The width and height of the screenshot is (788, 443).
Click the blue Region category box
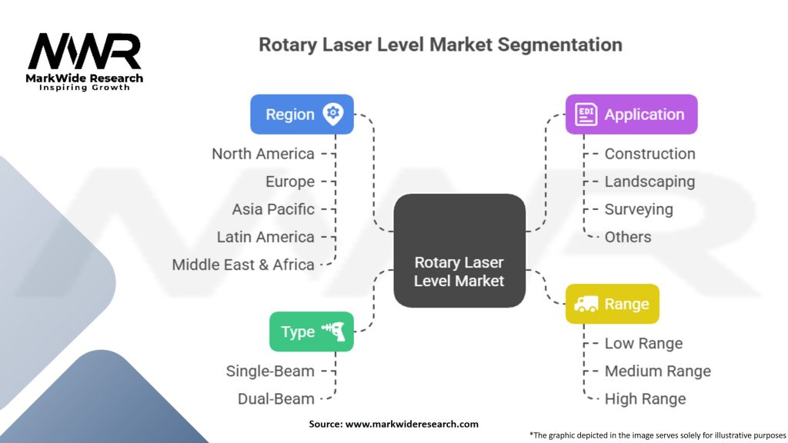pyautogui.click(x=302, y=114)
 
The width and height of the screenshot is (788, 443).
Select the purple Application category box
pyautogui.click(x=631, y=114)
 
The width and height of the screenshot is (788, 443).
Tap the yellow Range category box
pyautogui.click(x=612, y=304)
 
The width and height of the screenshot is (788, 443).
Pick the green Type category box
pyautogui.click(x=312, y=331)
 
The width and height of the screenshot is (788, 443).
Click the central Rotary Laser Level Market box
pyautogui.click(x=459, y=251)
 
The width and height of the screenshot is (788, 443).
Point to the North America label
pyautogui.click(x=263, y=154)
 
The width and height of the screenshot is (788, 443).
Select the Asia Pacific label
pyautogui.click(x=273, y=209)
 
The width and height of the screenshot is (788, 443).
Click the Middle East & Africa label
pyautogui.click(x=243, y=265)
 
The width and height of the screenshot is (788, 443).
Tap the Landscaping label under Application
pyautogui.click(x=649, y=182)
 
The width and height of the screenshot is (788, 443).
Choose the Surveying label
pyautogui.click(x=639, y=209)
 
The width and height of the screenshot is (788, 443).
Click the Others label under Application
pyautogui.click(x=628, y=237)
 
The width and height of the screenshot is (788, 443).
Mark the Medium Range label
pyautogui.click(x=658, y=371)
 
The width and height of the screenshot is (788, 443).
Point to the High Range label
pyautogui.click(x=646, y=399)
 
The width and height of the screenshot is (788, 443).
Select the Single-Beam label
pyautogui.click(x=270, y=371)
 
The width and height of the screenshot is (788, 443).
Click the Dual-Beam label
pyautogui.click(x=276, y=399)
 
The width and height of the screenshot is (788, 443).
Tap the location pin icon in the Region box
pyautogui.click(x=332, y=114)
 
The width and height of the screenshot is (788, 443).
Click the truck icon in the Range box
pyautogui.click(x=586, y=304)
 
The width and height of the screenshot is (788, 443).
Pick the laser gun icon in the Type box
pyautogui.click(x=333, y=331)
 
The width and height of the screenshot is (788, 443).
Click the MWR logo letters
pyautogui.click(x=85, y=52)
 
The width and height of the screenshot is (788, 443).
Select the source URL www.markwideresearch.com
pyautogui.click(x=412, y=424)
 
